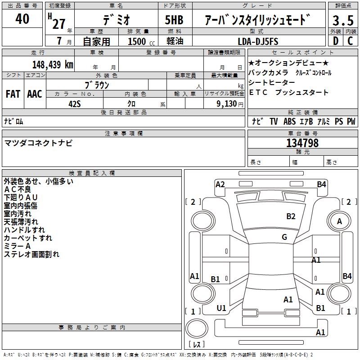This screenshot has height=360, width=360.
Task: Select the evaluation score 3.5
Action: (x=342, y=21)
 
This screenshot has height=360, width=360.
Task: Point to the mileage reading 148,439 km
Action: (x=52, y=64)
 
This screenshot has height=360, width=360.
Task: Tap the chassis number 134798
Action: (x=302, y=143)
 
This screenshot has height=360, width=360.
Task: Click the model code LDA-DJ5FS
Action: (x=258, y=41)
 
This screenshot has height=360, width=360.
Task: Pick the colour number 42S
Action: (x=74, y=103)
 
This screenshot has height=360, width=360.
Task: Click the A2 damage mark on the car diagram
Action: (x=220, y=184)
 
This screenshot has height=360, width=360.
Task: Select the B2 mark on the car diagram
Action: (x=291, y=216)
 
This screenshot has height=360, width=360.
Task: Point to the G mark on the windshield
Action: (x=284, y=237)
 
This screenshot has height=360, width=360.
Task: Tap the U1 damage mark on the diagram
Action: (x=221, y=308)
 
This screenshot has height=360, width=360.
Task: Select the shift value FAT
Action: (x=13, y=94)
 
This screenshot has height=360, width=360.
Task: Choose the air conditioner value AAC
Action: (x=35, y=94)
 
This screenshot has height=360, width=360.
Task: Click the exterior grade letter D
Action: (x=335, y=41)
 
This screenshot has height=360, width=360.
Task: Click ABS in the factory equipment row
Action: (x=290, y=121)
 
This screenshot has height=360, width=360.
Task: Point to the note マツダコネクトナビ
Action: (x=38, y=143)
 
